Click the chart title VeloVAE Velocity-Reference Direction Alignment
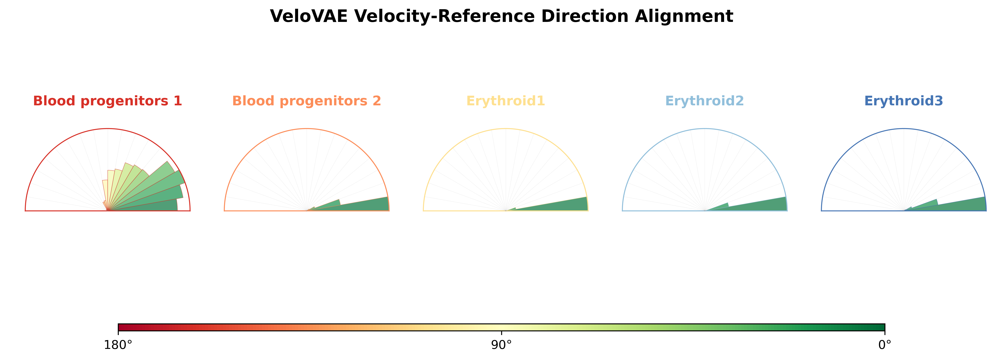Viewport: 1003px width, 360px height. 502,16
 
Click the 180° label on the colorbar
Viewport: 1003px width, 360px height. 118,345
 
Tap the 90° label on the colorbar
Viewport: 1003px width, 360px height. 502,345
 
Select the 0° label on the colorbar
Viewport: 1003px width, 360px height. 885,345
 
